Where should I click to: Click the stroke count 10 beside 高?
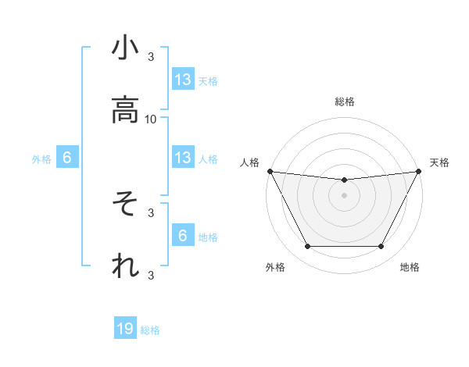pos(151,119)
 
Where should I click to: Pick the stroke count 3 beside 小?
pos(151,57)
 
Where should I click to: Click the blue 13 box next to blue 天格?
pos(182,79)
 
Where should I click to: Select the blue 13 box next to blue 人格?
pos(182,158)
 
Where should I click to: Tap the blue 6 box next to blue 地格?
pos(182,236)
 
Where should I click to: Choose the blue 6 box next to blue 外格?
pos(67,158)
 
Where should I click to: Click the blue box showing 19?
pos(125,329)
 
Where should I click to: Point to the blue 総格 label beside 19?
pos(150,330)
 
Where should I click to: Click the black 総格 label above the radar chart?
pos(345,102)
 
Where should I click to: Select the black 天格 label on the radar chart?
pos(439,162)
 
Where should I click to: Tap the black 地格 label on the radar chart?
pos(410,267)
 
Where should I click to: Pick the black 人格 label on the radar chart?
pos(250,162)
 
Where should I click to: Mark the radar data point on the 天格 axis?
pos(419,171)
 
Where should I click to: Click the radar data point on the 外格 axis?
pos(307,247)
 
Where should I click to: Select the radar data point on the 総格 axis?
pos(345,180)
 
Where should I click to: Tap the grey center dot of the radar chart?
pos(345,195)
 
